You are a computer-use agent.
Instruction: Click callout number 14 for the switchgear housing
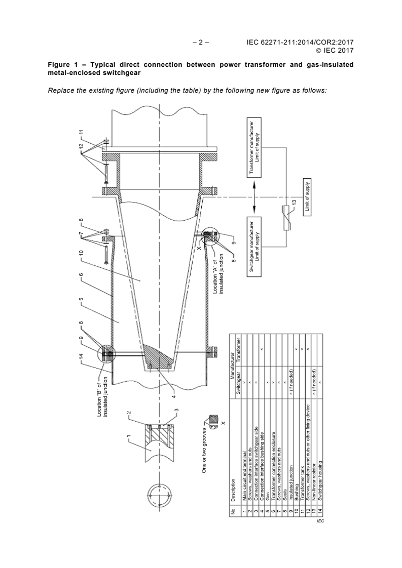pos(81,357)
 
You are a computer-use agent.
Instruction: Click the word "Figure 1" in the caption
pos(61,65)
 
